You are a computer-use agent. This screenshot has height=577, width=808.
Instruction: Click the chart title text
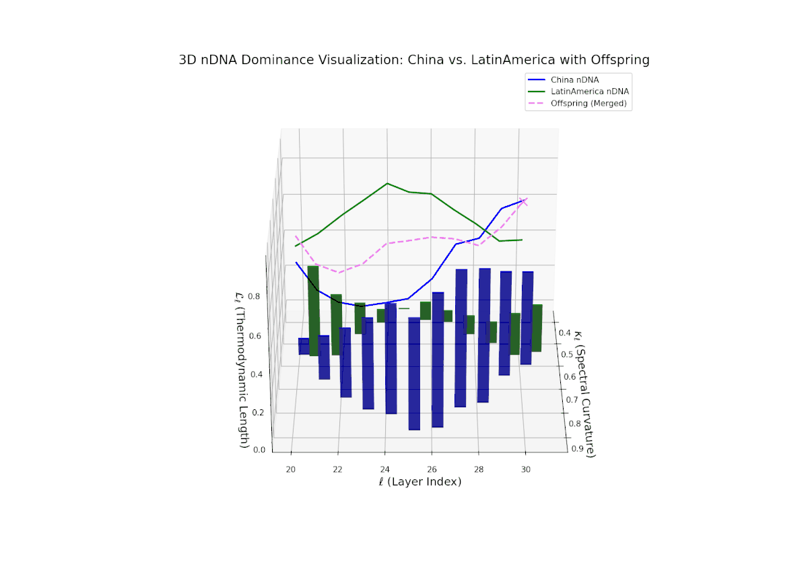point(414,60)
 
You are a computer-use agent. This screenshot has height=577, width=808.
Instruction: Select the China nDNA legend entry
point(574,79)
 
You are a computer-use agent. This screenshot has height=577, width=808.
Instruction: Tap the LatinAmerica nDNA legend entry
point(590,91)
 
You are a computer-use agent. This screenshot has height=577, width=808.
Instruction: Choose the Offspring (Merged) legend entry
point(588,103)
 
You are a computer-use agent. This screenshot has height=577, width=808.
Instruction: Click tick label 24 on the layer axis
point(384,469)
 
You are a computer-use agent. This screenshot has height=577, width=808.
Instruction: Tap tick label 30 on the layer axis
point(526,469)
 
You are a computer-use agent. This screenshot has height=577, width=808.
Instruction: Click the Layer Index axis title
point(419,482)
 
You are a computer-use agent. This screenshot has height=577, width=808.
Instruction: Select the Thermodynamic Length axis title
point(243,370)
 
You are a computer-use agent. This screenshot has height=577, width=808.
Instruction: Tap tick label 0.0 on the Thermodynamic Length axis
point(259,450)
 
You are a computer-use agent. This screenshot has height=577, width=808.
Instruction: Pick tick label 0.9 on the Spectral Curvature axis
point(576,448)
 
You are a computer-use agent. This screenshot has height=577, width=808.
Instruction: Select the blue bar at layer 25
point(414,374)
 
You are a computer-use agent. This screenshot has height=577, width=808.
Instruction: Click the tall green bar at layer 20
point(313,310)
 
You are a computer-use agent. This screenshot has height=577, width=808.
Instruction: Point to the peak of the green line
point(387,183)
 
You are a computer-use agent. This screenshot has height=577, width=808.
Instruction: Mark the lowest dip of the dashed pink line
point(340,272)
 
